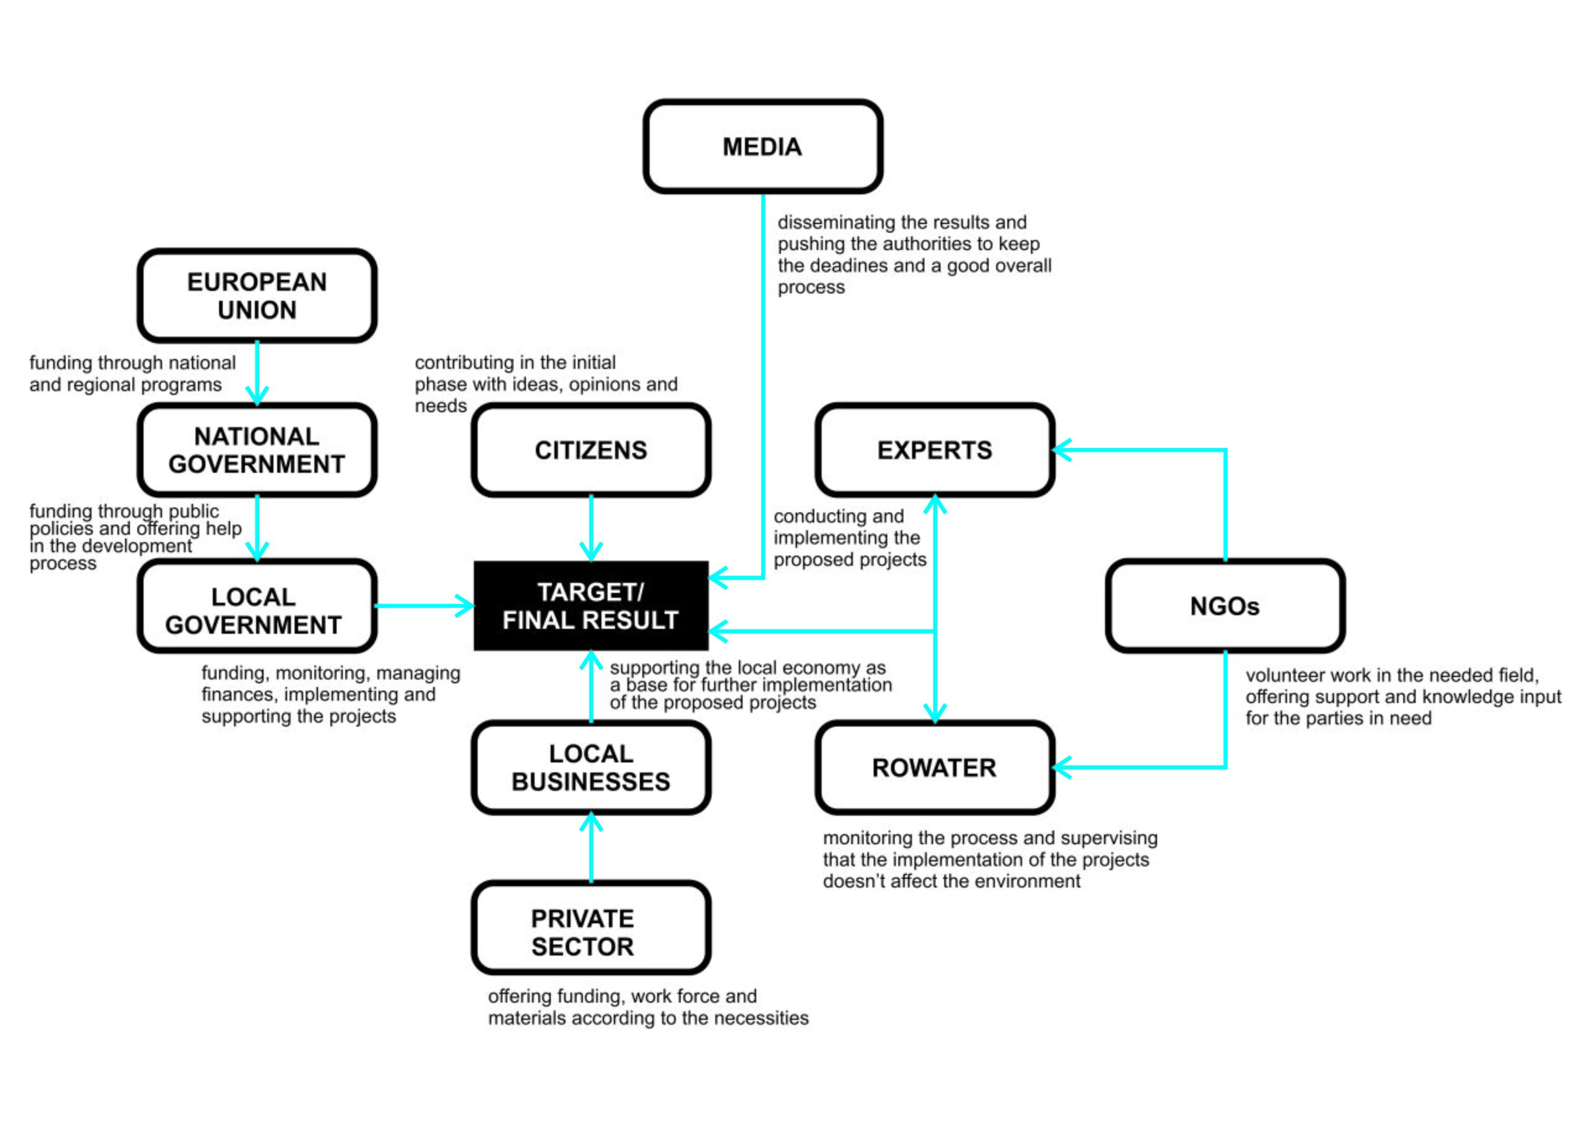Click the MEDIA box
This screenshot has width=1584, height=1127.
coord(762,147)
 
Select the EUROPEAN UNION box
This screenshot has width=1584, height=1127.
coord(257,296)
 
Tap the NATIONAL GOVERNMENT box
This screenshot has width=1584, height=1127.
coord(257,450)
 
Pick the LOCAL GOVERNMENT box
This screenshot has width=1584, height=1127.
coord(257,606)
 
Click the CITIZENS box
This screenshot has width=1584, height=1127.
coord(590,450)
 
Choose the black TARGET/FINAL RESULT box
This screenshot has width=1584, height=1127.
coord(590,606)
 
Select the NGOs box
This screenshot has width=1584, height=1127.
coord(1225,606)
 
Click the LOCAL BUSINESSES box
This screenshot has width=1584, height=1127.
coord(590,767)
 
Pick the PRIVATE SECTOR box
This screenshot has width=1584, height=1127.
coord(590,927)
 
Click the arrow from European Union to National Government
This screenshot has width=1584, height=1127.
coord(257,373)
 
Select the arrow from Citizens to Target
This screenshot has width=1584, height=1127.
coord(590,528)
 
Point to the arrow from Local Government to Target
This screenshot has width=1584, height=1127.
coord(424,606)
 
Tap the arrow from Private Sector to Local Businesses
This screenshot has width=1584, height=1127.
coord(590,847)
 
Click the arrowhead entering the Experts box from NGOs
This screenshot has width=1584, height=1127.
coord(1062,450)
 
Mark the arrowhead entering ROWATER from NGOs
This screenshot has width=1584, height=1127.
coord(1062,767)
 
